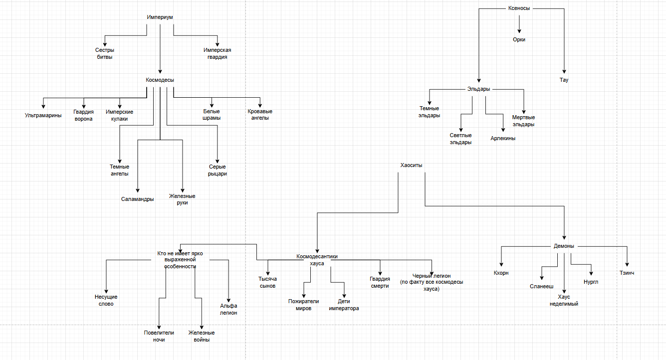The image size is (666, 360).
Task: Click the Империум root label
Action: click(x=160, y=17)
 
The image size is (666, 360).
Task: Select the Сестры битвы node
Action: click(x=104, y=53)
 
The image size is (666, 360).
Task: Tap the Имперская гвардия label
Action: click(x=217, y=53)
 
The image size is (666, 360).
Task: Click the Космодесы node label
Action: click(x=160, y=80)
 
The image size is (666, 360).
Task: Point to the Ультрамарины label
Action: click(x=43, y=116)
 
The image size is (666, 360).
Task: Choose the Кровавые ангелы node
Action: click(x=260, y=115)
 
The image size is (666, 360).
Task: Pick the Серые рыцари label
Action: click(x=218, y=170)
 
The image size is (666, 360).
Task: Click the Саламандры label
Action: click(x=137, y=199)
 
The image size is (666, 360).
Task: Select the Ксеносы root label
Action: click(x=519, y=8)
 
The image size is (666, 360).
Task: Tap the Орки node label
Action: click(x=519, y=39)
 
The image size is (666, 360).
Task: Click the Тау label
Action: click(x=564, y=80)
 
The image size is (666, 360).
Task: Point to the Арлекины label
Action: click(x=503, y=139)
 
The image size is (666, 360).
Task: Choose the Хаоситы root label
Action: click(x=412, y=165)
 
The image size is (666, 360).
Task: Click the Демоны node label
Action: click(x=564, y=246)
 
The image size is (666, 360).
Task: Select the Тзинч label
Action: click(x=628, y=273)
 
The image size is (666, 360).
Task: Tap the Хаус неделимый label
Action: click(x=564, y=300)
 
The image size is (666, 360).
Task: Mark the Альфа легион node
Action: click(x=228, y=309)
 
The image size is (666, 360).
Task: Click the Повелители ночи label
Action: click(x=158, y=336)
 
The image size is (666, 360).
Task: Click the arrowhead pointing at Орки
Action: click(x=519, y=31)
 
